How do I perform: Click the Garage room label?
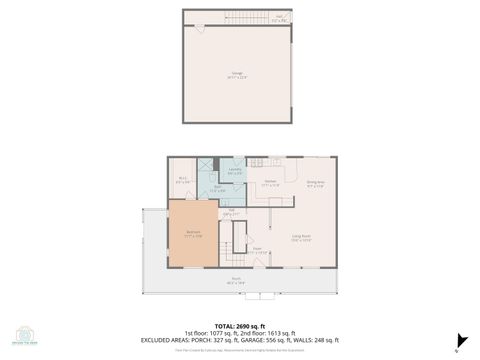pos(237,75)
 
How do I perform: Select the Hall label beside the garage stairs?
pos(280,17)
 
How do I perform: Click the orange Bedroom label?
pos(194,234)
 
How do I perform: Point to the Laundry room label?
pos(235,170)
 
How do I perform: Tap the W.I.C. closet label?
pos(182,181)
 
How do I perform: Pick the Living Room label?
pos(301,238)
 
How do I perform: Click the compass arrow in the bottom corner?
pos(461,340)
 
